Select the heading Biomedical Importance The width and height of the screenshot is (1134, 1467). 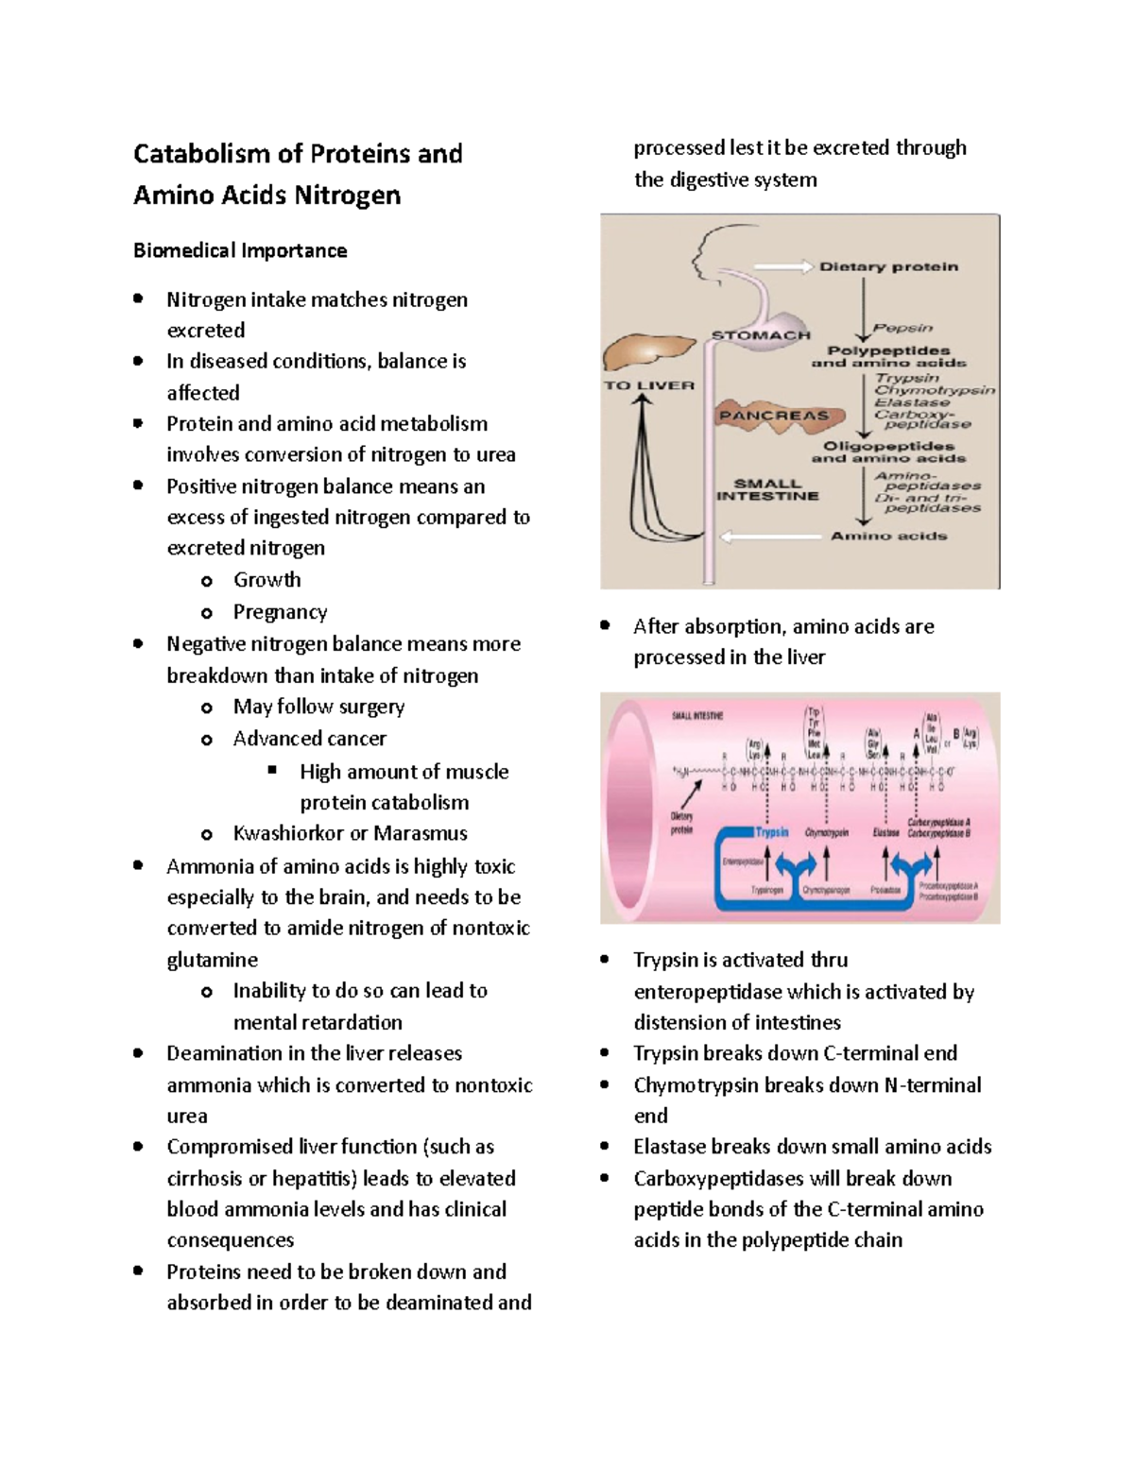pyautogui.click(x=240, y=250)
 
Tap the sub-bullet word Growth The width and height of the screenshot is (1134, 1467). pyautogui.click(x=267, y=580)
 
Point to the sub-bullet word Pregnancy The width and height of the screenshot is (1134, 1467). pyautogui.click(x=280, y=612)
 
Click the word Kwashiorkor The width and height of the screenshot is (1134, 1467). pyautogui.click(x=288, y=833)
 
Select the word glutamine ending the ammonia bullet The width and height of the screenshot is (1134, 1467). pyautogui.click(x=212, y=960)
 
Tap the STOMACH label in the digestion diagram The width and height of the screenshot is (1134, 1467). pyautogui.click(x=761, y=335)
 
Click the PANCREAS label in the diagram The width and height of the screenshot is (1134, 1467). pyautogui.click(x=774, y=416)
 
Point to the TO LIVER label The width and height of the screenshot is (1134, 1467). pyautogui.click(x=649, y=385)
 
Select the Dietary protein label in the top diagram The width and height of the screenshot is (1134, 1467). pyautogui.click(x=888, y=267)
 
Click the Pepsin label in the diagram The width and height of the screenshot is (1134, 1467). pyautogui.click(x=902, y=329)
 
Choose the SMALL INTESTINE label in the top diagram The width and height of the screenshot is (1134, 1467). pyautogui.click(x=767, y=489)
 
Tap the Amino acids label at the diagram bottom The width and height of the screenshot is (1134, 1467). pyautogui.click(x=888, y=536)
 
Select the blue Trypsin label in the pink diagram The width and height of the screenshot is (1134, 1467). pyautogui.click(x=772, y=832)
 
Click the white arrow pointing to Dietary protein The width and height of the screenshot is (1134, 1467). pyautogui.click(x=783, y=267)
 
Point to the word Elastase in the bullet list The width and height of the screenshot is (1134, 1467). pyautogui.click(x=669, y=1147)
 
